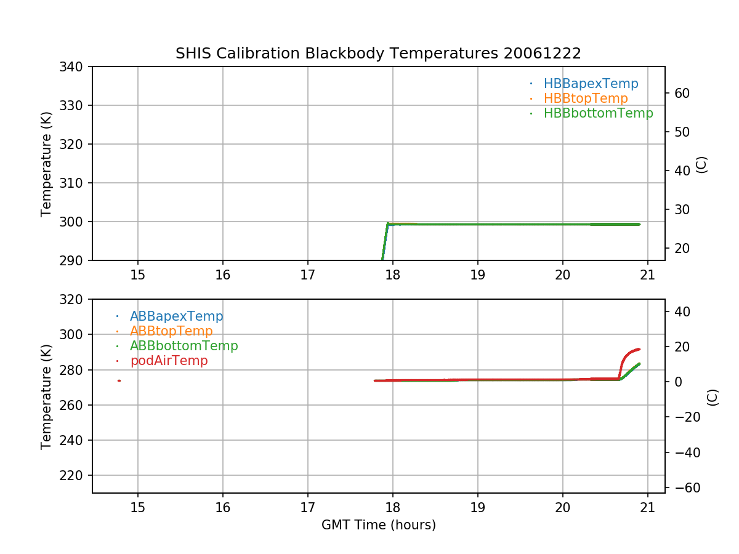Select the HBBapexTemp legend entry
[591, 84]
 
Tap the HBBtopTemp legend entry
[585, 98]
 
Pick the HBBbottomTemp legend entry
[598, 113]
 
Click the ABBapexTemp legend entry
[176, 316]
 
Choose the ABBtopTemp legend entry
[171, 331]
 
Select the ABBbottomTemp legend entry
[184, 346]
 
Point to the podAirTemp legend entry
[168, 361]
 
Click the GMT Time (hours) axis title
[378, 525]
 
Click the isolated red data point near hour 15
[119, 380]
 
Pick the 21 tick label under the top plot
[647, 274]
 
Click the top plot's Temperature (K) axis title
[46, 164]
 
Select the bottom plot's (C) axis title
[713, 396]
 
